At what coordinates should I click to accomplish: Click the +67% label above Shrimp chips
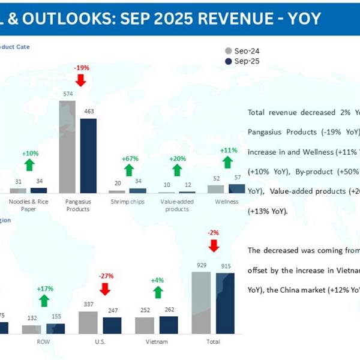coord(130,159)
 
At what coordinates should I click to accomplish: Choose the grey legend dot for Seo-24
coord(228,51)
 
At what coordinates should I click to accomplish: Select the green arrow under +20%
coord(176,170)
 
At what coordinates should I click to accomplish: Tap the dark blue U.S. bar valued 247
coord(112,325)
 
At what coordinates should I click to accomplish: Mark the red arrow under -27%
coord(105,289)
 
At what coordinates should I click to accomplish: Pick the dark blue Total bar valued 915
coord(225,303)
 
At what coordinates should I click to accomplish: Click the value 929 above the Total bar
coord(200,265)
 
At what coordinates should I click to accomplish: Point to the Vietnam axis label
coord(157,341)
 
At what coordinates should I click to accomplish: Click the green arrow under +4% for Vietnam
coord(158,292)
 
